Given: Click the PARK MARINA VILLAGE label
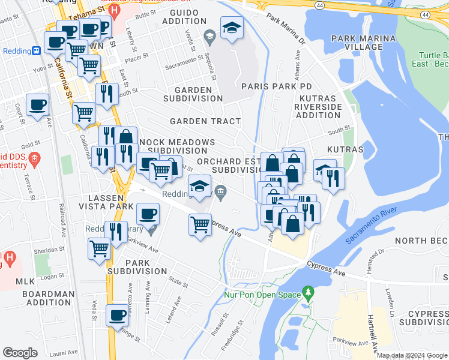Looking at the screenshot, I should (364, 43).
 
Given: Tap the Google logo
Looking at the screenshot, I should (20, 353).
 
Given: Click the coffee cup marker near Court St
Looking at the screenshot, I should (37, 105).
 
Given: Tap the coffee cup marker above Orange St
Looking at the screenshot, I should (117, 316).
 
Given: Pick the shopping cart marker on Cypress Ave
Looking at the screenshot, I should (200, 226).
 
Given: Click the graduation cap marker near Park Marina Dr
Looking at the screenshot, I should (232, 28).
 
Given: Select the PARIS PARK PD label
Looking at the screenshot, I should (277, 86).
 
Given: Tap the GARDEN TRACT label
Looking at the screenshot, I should (205, 121).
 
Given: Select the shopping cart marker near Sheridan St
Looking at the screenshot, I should (100, 248).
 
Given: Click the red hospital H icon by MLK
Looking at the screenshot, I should (9, 259).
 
